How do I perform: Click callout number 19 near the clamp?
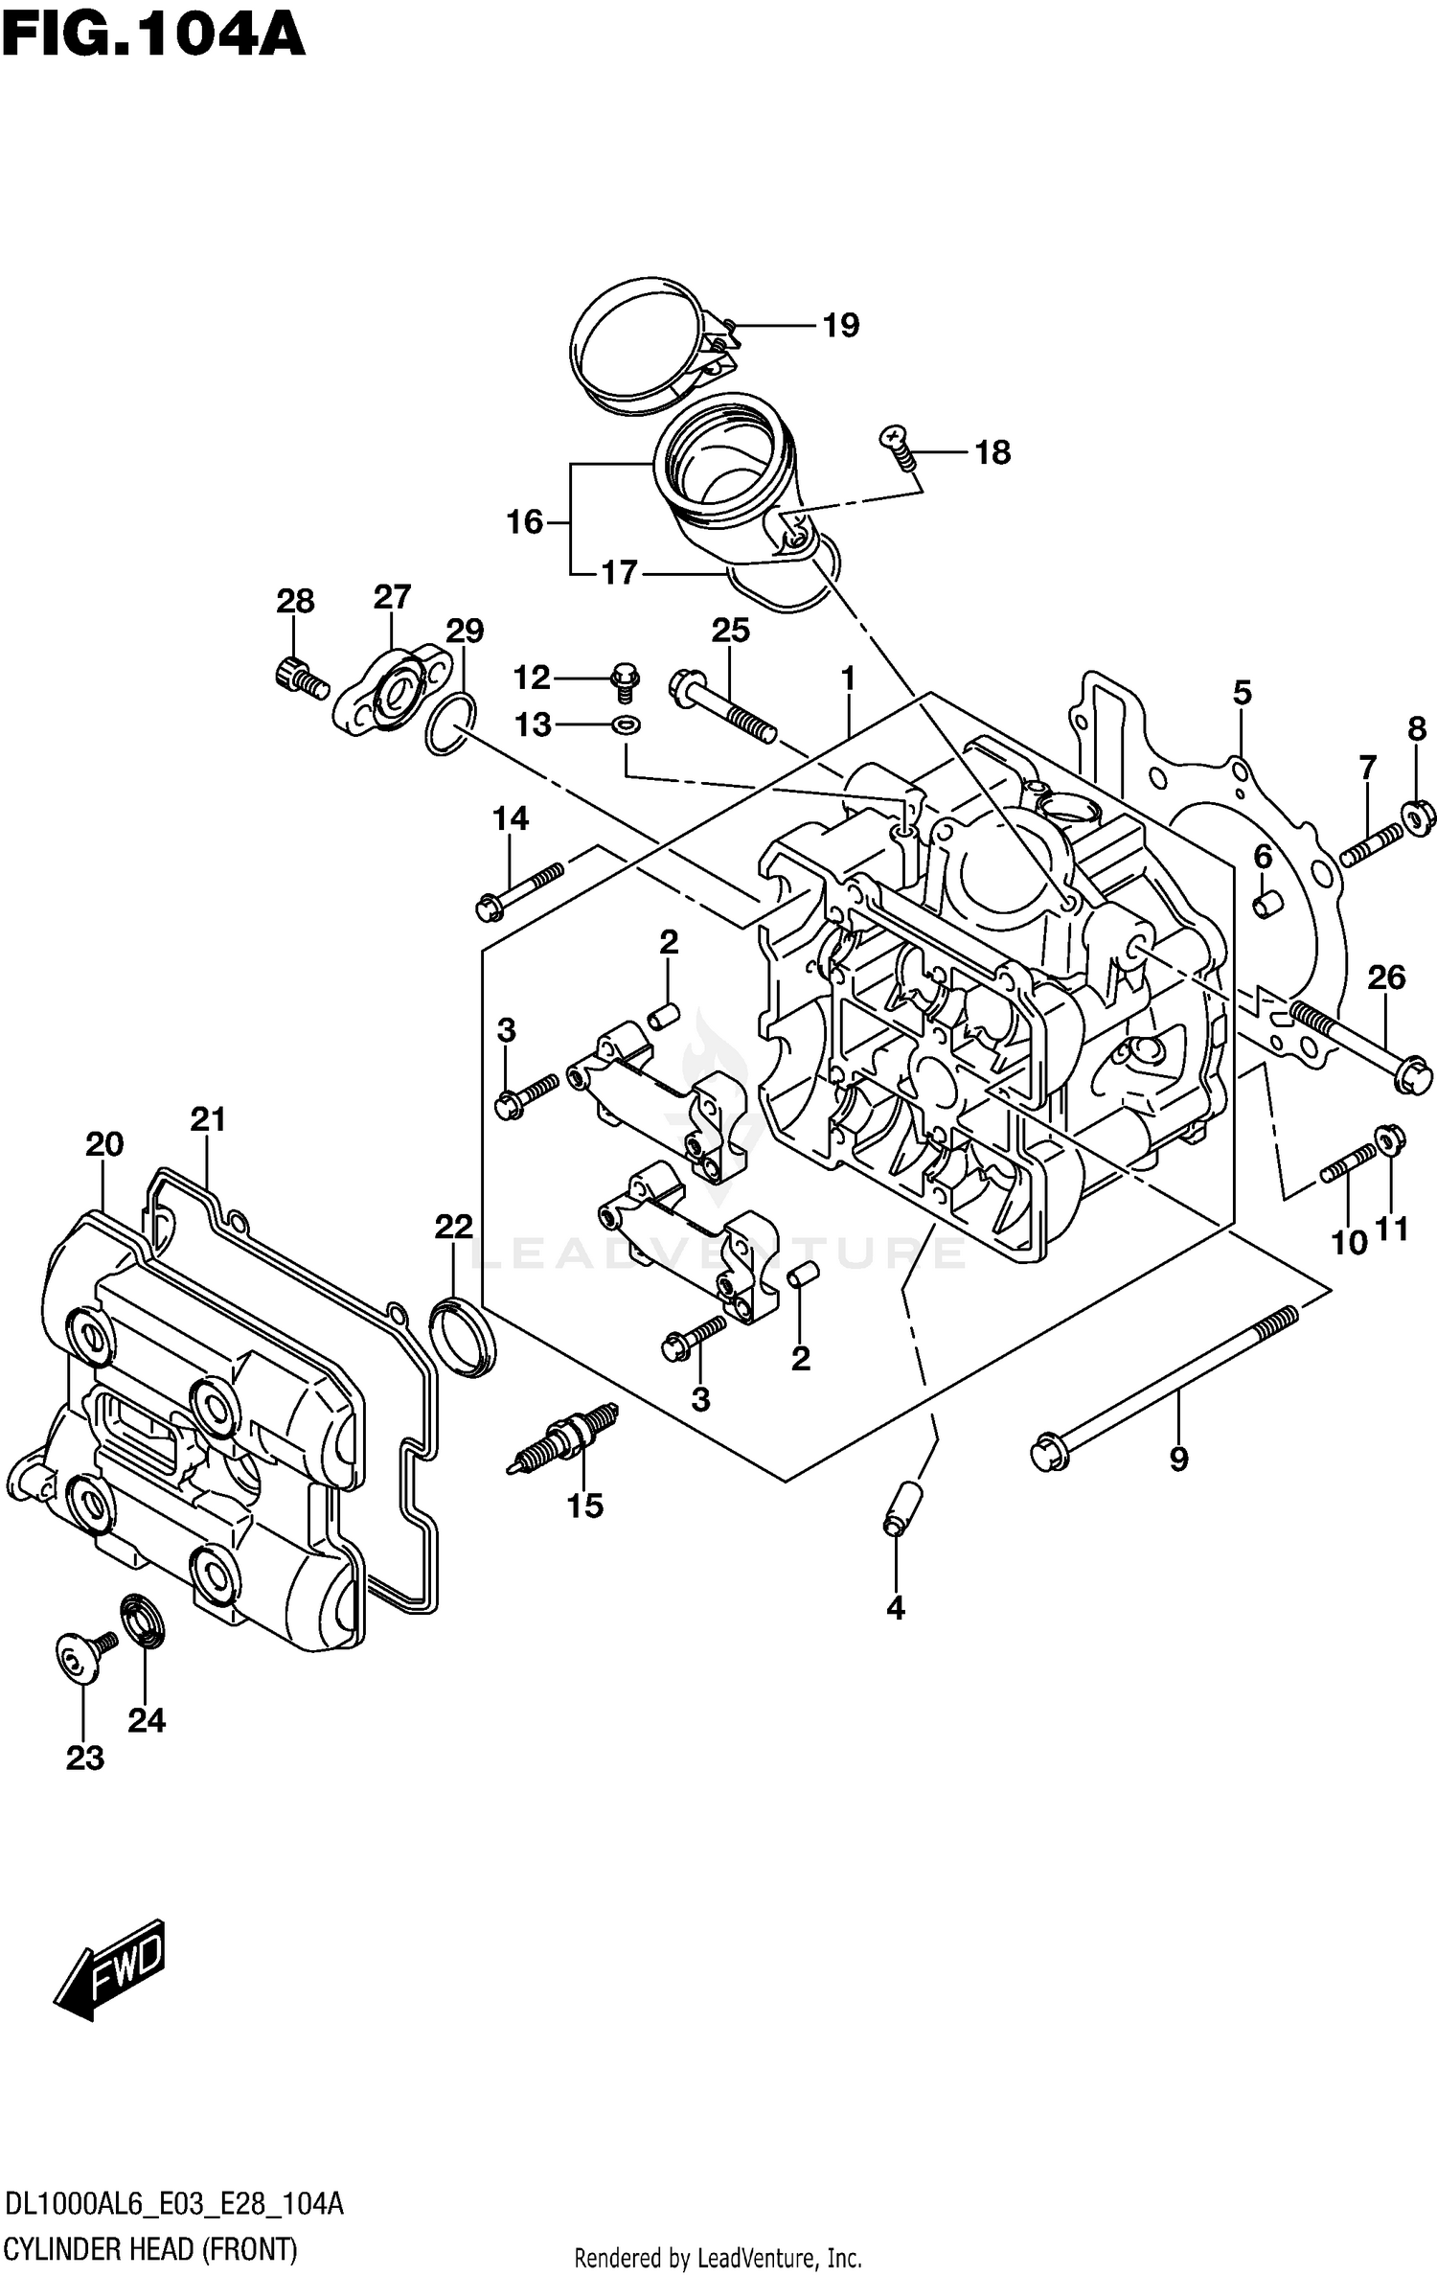coord(841,326)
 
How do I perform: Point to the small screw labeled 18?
coord(899,448)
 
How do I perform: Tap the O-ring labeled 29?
coord(449,726)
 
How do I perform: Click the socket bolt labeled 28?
coord(300,678)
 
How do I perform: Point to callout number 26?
coord(1385,977)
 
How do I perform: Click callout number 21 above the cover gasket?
coord(207,1118)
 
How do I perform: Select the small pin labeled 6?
coord(1267,904)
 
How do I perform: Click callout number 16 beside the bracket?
coord(525,522)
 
